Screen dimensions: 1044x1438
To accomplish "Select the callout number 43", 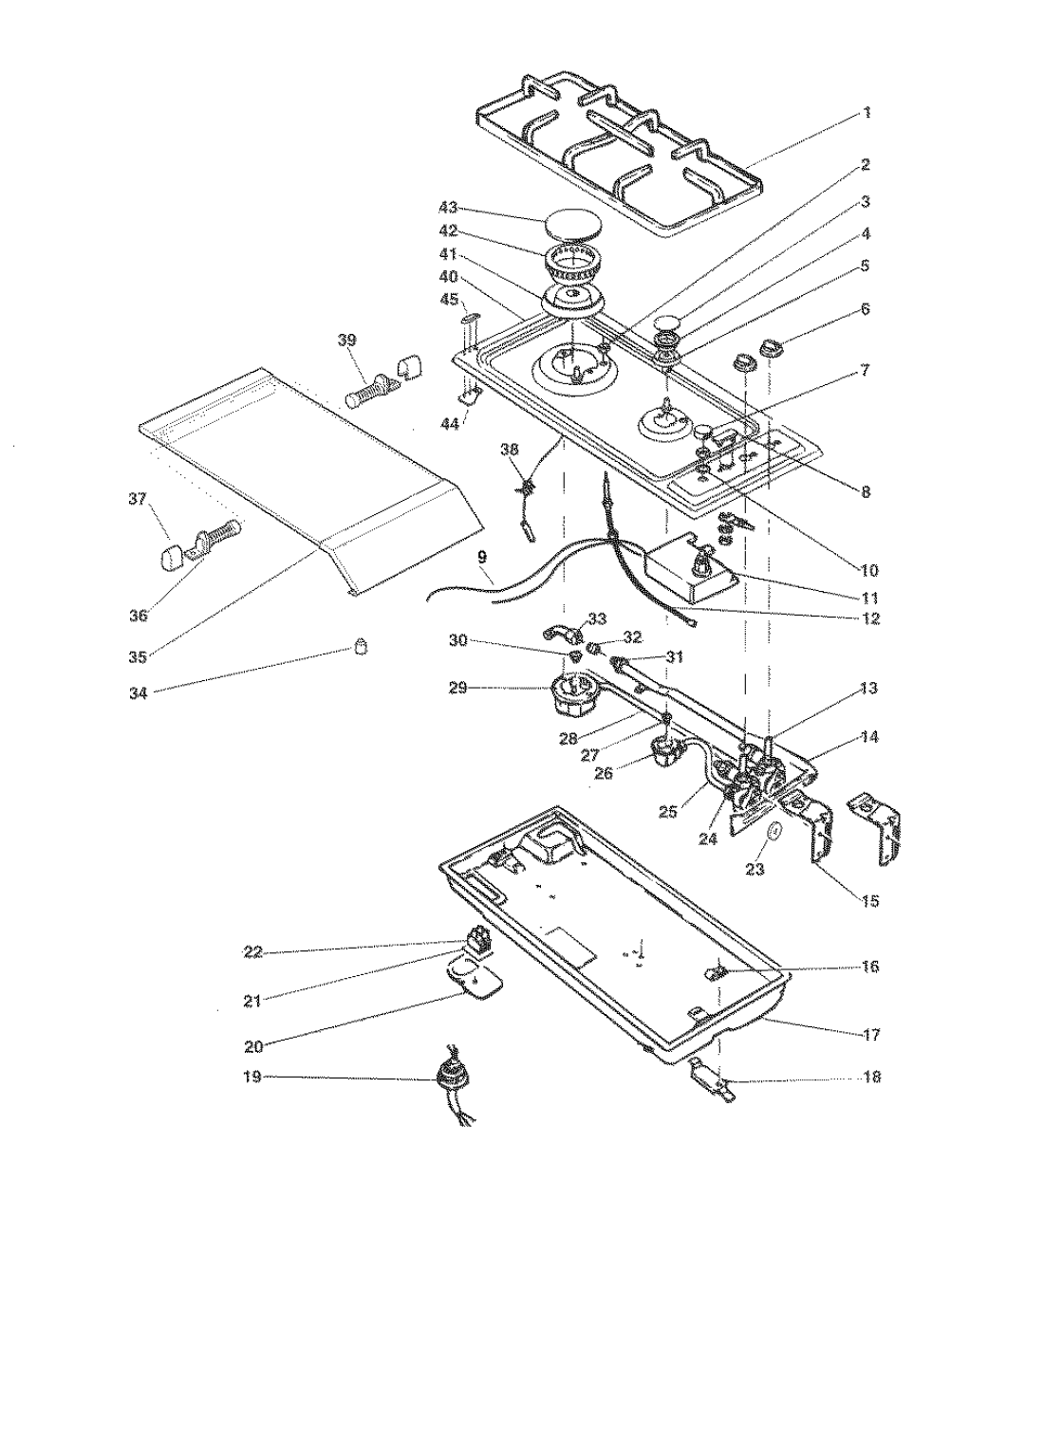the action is click(x=448, y=208).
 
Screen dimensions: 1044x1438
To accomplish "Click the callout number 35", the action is click(x=139, y=656).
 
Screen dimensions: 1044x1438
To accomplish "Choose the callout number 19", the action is click(x=252, y=1077).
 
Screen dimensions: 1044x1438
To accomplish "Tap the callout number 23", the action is click(x=755, y=869).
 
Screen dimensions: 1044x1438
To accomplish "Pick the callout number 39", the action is click(x=347, y=341).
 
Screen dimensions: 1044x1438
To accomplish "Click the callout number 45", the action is click(x=449, y=299).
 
